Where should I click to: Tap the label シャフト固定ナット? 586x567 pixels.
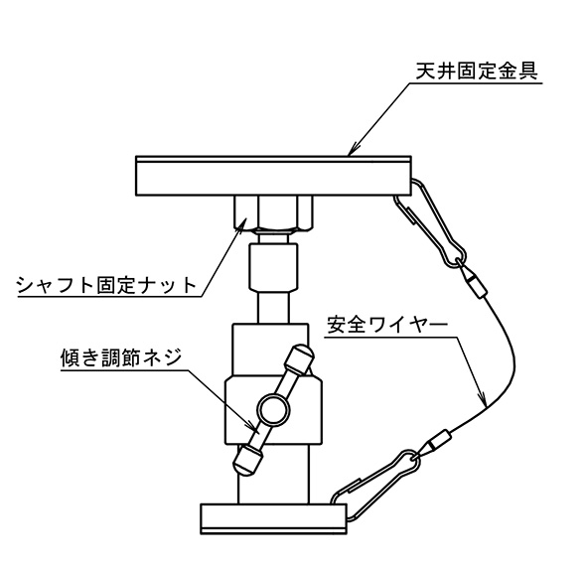coord(106,285)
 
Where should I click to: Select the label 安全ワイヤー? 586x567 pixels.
coord(387,325)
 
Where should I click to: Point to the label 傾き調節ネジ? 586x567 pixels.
coord(120,357)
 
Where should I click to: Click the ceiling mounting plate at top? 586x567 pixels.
coord(273,176)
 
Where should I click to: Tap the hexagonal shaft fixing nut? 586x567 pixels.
coord(273,213)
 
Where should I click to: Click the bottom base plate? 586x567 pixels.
coord(273,518)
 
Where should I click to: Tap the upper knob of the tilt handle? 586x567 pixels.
coord(299,358)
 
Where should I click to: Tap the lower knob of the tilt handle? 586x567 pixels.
coord(247,462)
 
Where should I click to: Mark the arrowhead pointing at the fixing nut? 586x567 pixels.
coord(240,224)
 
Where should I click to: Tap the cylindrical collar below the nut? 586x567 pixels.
coord(273,267)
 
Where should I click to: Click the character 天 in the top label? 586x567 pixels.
coord(425,71)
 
